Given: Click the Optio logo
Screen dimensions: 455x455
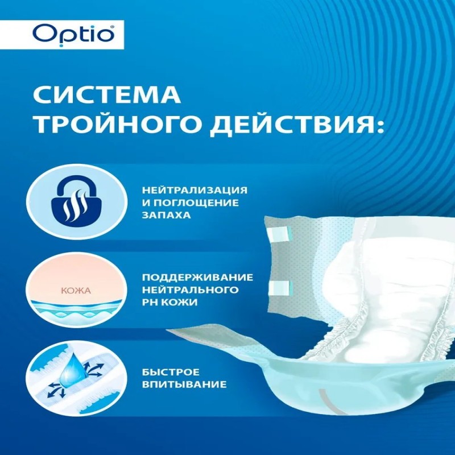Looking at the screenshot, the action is [74, 35].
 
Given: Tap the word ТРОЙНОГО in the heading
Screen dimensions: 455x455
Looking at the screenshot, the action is [118, 125].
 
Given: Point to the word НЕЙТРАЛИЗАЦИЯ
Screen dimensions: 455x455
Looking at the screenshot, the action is [195, 190].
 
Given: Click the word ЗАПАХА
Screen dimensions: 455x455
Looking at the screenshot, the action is [166, 215].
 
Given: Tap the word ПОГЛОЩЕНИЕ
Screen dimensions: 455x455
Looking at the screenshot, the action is [196, 202].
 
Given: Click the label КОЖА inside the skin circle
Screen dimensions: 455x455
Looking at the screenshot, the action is [76, 291].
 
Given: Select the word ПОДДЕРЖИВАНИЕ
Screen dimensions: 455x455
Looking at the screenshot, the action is [197, 278].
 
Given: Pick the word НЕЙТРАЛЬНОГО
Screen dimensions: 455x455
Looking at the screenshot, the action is [191, 289].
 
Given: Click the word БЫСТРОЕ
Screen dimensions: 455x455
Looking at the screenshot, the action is [171, 372].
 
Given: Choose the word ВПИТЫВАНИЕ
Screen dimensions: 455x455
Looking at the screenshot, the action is [184, 384].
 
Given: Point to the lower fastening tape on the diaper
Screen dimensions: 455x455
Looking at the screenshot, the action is [280, 288].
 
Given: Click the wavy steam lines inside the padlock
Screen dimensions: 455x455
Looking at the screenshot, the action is [76, 205].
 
